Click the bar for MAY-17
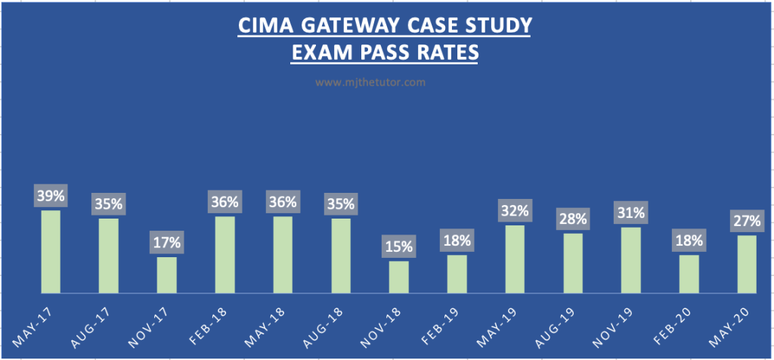pyautogui.click(x=51, y=251)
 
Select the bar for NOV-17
pyautogui.click(x=167, y=275)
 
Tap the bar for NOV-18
pyautogui.click(x=399, y=277)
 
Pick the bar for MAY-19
pyautogui.click(x=515, y=259)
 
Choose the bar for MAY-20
pyautogui.click(x=747, y=264)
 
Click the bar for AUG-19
pyautogui.click(x=573, y=262)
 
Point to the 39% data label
pyautogui.click(x=51, y=196)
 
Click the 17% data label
pyautogui.click(x=167, y=243)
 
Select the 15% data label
pyautogui.click(x=399, y=247)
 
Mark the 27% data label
pyautogui.click(x=747, y=221)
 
